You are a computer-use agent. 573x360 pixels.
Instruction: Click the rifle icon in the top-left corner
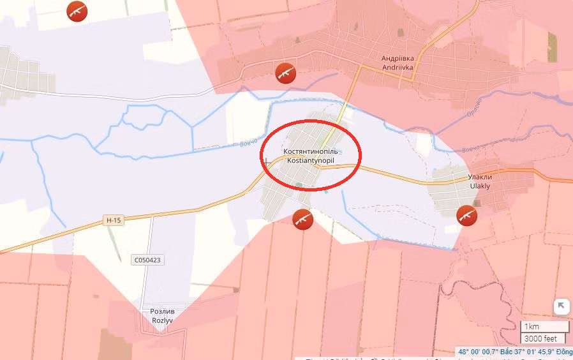click(77, 10)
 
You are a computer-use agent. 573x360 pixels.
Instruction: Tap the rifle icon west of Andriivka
click(285, 73)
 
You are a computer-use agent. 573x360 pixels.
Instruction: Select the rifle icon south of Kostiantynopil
click(302, 219)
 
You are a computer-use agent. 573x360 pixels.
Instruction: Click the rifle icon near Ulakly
click(467, 215)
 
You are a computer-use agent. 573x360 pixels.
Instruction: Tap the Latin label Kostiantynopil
click(311, 161)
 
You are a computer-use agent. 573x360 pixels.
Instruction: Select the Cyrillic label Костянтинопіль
click(311, 152)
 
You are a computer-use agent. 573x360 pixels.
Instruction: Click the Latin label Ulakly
click(480, 186)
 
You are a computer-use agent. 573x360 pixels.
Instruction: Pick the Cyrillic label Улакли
click(480, 177)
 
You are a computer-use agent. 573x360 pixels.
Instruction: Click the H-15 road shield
click(113, 220)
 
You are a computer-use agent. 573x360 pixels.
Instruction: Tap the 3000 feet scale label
click(540, 338)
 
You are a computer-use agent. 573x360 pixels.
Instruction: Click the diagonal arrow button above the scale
click(561, 306)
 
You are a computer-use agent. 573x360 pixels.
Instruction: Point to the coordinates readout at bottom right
click(515, 352)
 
